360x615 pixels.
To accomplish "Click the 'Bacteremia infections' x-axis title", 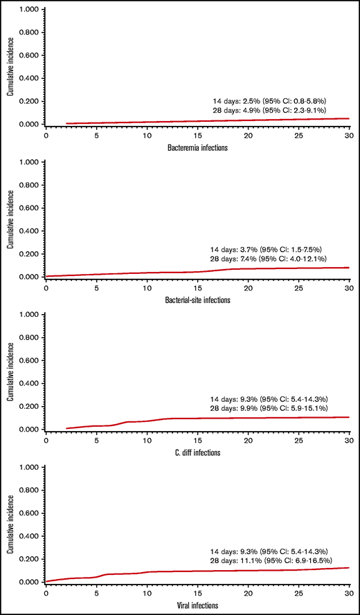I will click(197, 148).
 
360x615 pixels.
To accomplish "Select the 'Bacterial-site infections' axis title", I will click(197, 300).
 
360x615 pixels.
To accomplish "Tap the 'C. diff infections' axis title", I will click(197, 453).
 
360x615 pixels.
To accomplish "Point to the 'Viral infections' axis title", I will click(197, 605).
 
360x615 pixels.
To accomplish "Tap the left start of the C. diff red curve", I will click(66, 428).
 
